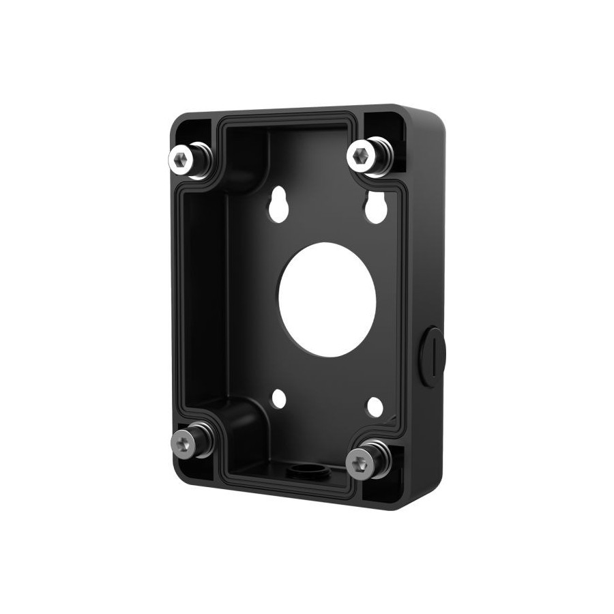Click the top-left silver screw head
coord(180,158)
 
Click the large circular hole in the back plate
coord(327,299)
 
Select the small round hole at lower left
coord(278,399)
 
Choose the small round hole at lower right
coord(375,407)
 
